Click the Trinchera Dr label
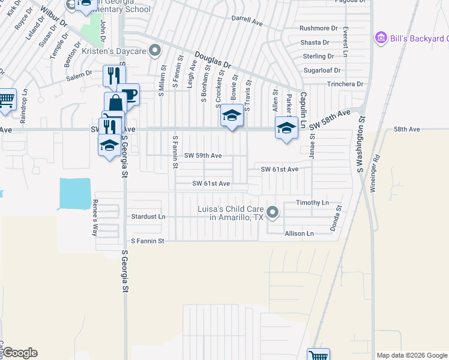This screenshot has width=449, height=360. [345, 84]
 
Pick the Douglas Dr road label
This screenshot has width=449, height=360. [212, 60]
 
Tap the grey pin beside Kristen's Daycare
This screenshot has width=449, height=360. [155, 50]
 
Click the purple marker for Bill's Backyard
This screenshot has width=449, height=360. [379, 38]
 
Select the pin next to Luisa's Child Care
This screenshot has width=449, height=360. [273, 212]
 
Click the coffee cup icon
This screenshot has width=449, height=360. [128, 94]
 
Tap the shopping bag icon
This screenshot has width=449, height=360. [115, 103]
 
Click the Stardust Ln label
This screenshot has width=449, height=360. [148, 216]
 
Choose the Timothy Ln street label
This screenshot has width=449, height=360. [312, 203]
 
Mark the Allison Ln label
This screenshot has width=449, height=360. [300, 233]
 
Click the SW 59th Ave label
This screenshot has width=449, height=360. [203, 155]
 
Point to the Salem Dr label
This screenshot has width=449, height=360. [79, 75]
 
